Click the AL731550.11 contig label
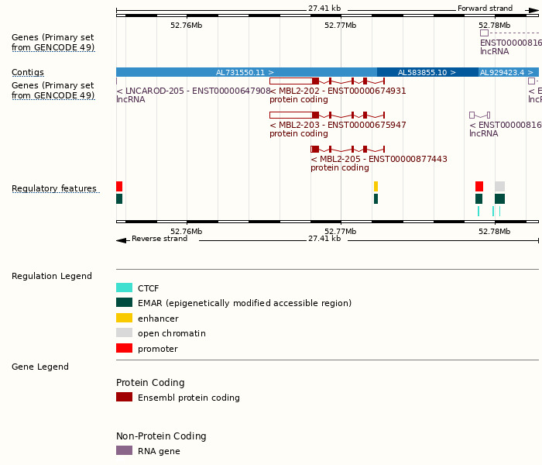pos(245,72)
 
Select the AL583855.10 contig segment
pos(427,72)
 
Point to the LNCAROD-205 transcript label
pos(194,91)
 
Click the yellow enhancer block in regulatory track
pos(376,186)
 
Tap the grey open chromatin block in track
pos(499,186)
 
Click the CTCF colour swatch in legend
pos(124,288)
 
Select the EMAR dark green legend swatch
pos(124,302)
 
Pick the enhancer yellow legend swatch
pos(124,318)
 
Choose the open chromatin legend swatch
pos(124,332)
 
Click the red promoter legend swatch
pos(124,348)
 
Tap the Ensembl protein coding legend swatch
pos(124,397)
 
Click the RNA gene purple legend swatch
pos(124,450)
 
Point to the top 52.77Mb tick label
pos(340,25)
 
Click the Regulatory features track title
pos(54,188)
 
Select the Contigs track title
pos(28,72)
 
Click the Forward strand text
pos(485,9)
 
